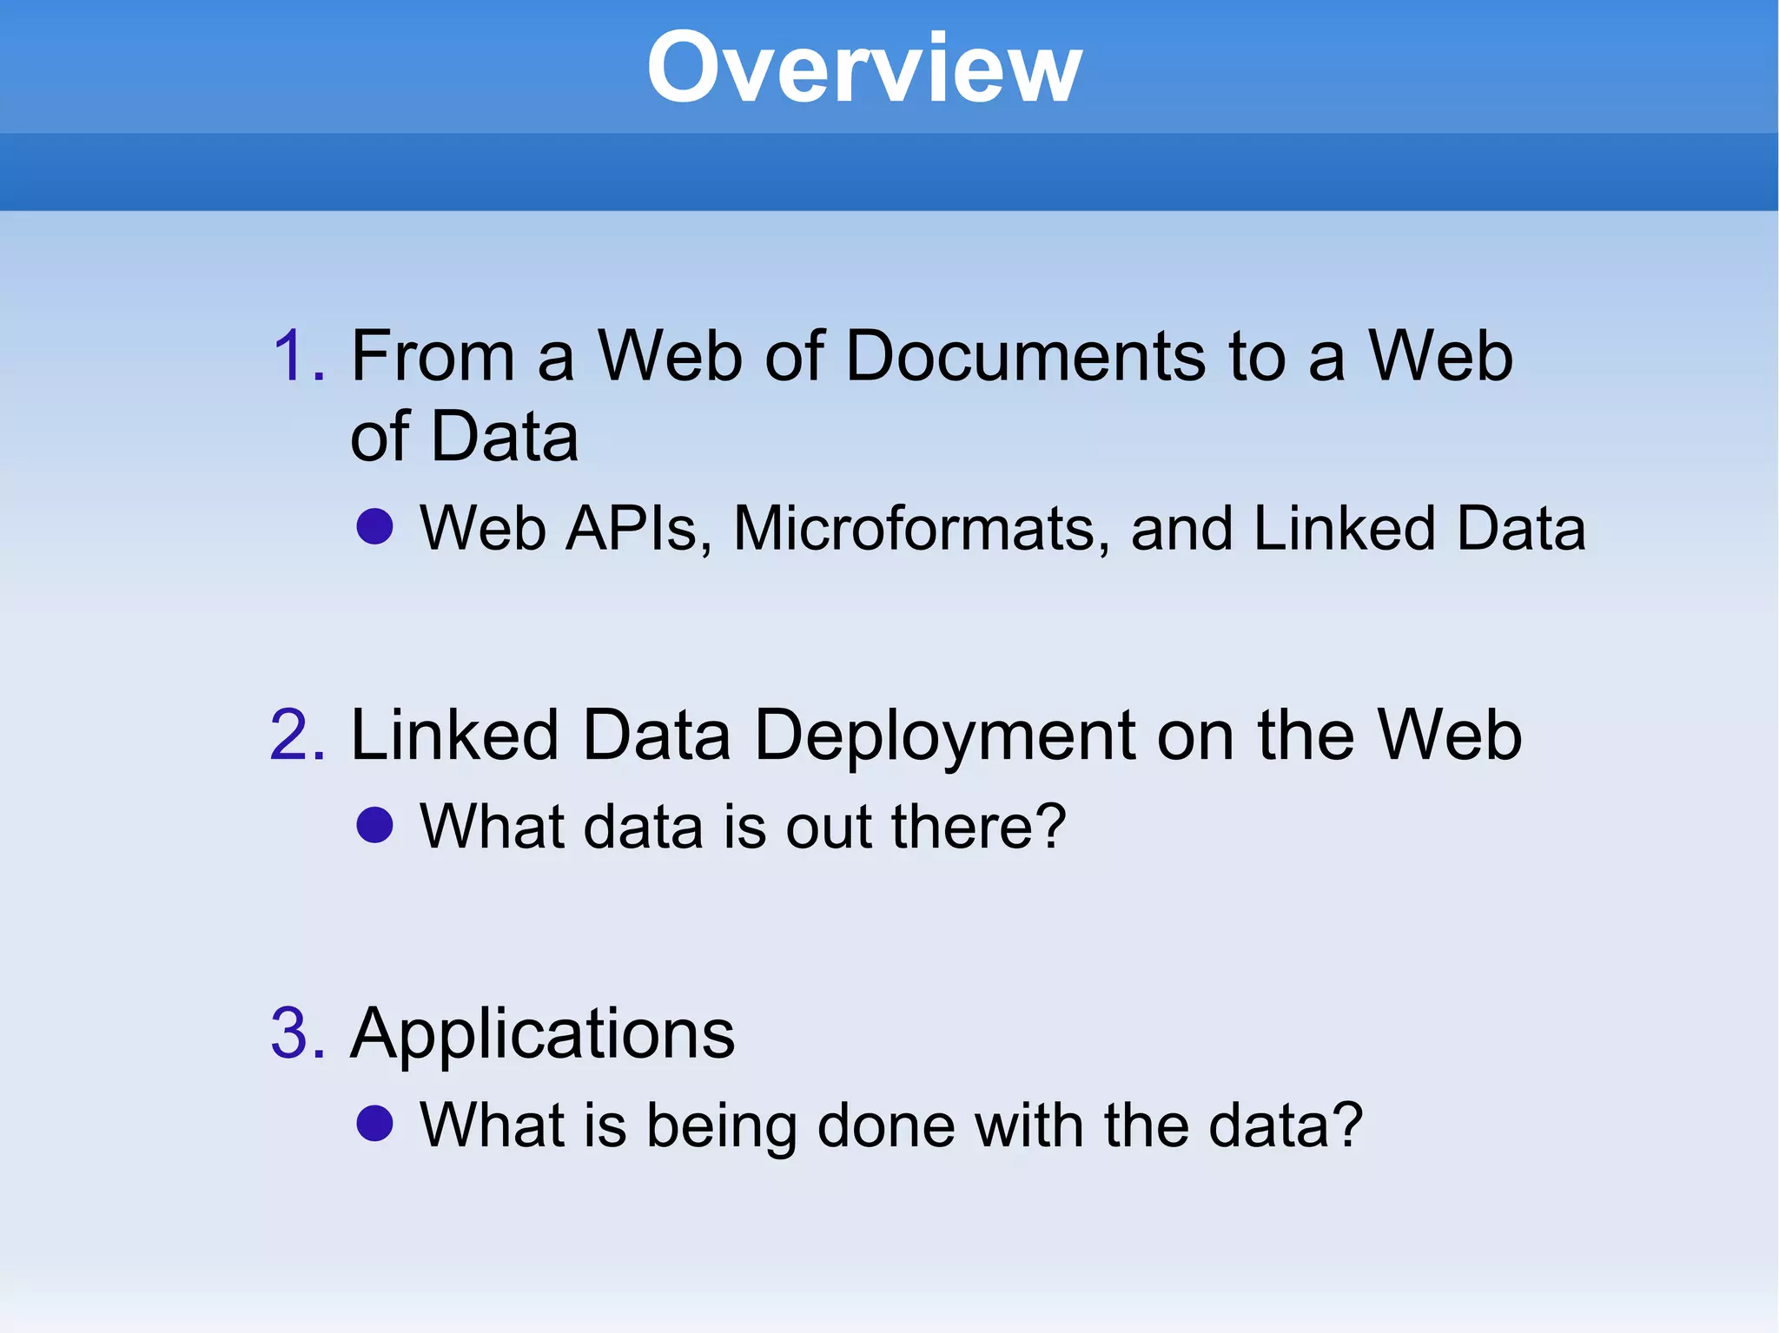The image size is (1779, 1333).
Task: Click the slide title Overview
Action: click(864, 68)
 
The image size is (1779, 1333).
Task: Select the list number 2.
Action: click(298, 736)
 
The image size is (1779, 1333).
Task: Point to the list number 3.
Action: click(298, 1033)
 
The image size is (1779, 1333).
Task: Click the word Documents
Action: click(1026, 356)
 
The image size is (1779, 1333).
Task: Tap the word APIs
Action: click(638, 528)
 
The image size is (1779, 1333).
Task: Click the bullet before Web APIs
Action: click(375, 526)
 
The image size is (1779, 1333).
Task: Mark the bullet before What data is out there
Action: click(375, 824)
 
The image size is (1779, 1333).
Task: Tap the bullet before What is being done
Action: click(375, 1123)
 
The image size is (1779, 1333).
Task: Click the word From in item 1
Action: click(433, 356)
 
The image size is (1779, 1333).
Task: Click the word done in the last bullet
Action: click(886, 1125)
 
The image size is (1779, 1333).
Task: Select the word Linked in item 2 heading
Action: click(453, 736)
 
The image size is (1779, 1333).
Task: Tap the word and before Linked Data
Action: click(1181, 528)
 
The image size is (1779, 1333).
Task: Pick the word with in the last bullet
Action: click(1028, 1125)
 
